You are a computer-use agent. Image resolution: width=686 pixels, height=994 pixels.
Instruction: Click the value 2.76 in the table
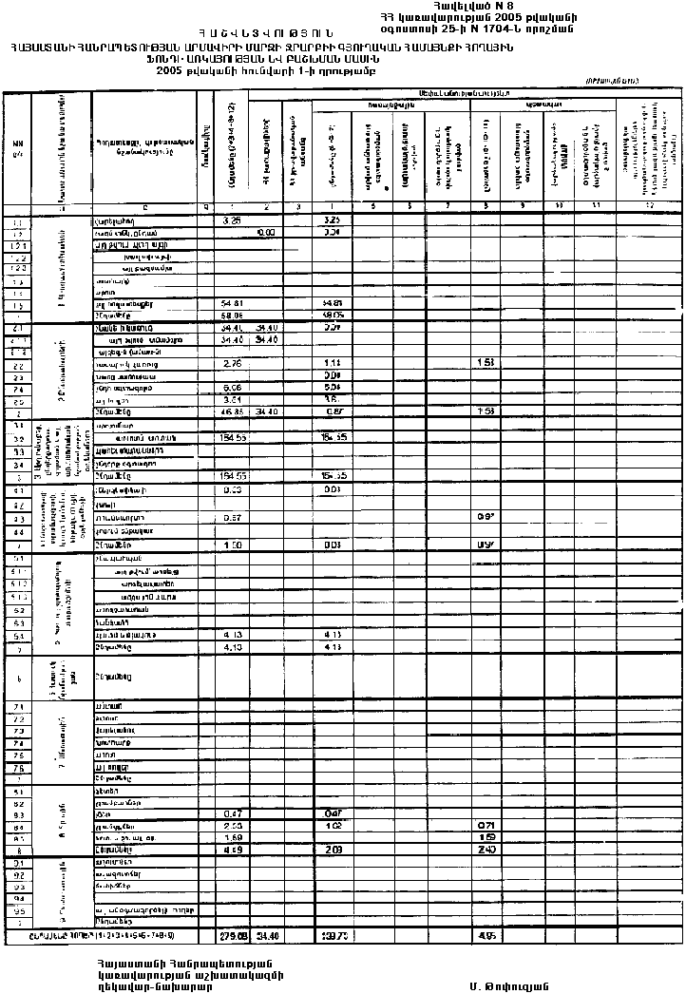click(231, 364)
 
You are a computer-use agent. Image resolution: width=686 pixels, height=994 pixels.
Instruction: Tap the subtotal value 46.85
click(231, 411)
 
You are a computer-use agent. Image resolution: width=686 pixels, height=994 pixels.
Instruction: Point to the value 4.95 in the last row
click(484, 934)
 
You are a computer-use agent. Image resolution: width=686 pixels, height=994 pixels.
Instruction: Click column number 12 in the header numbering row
click(650, 206)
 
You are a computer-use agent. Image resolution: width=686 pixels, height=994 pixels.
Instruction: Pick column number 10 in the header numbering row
click(559, 206)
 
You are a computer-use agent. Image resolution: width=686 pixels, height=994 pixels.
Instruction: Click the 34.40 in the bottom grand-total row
click(266, 934)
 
